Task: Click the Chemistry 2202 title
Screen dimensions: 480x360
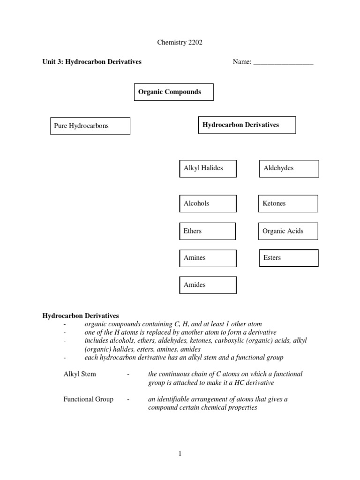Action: pos(180,43)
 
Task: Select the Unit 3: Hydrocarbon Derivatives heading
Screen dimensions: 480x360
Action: pos(92,62)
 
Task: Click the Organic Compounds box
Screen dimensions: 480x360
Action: pos(174,92)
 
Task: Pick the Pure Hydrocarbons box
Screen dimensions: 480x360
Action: pos(90,126)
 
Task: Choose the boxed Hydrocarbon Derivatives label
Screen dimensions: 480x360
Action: pos(247,125)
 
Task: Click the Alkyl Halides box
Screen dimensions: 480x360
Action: pos(208,168)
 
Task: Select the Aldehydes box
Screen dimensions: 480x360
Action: pos(289,168)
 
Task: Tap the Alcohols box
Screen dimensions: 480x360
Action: pos(208,203)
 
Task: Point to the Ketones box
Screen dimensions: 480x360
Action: pos(288,203)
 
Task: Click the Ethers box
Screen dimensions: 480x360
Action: pos(207,231)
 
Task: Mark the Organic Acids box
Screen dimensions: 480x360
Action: pos(288,231)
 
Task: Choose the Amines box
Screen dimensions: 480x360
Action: pos(208,258)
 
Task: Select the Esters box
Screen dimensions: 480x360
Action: pos(289,258)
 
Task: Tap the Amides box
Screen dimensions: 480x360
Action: pos(208,285)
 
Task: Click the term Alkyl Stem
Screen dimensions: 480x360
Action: pos(80,374)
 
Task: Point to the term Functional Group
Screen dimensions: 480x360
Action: pos(88,399)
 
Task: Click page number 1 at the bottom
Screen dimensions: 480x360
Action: pos(180,453)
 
